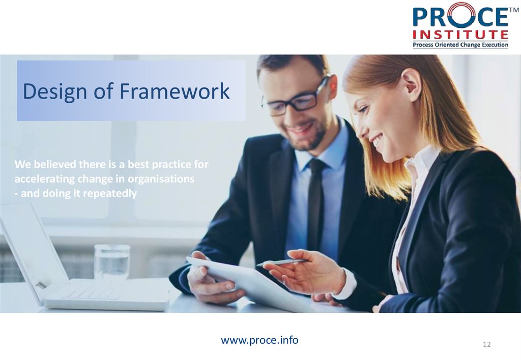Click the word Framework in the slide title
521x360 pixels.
(x=175, y=92)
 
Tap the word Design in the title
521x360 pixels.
(x=55, y=92)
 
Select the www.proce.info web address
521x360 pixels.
(x=259, y=340)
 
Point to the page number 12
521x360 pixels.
(x=486, y=345)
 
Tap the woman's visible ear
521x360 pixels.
(x=411, y=83)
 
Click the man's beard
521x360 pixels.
(x=310, y=137)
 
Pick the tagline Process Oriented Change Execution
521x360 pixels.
(x=460, y=45)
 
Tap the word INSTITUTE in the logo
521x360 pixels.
(x=460, y=35)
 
